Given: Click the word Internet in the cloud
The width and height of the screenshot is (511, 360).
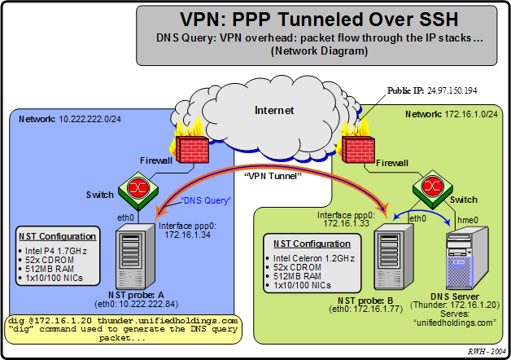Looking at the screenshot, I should tap(274, 109).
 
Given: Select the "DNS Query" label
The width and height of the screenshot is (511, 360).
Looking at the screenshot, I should tap(207, 199).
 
